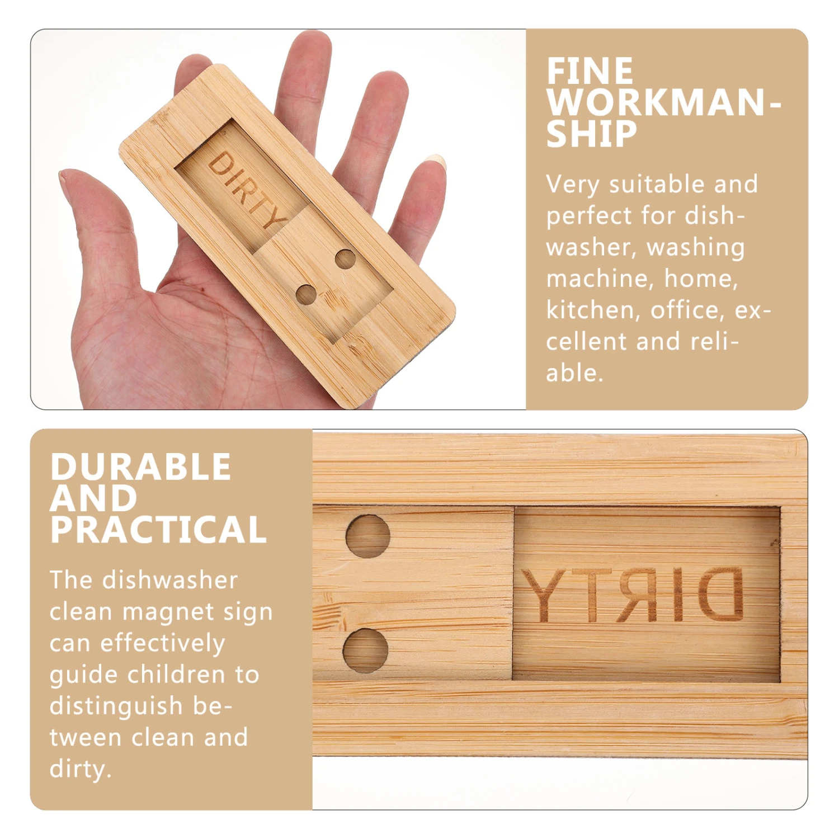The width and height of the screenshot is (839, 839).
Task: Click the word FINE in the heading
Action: pyautogui.click(x=590, y=72)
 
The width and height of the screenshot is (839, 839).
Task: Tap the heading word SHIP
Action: pyautogui.click(x=592, y=134)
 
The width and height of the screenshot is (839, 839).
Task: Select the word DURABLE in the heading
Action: pyautogui.click(x=140, y=466)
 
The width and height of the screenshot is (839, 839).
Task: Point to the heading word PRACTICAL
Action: pyautogui.click(x=158, y=530)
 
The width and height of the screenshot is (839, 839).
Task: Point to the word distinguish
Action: pyautogui.click(x=116, y=706)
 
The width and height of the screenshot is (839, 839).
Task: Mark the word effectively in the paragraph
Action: pyautogui.click(x=163, y=643)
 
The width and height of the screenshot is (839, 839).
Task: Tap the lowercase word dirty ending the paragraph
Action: pyautogui.click(x=80, y=770)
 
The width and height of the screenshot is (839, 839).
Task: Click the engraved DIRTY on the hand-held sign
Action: pyautogui.click(x=247, y=189)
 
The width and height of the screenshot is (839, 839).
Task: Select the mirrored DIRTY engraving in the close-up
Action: pyautogui.click(x=633, y=595)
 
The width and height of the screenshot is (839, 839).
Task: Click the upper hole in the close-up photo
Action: pyautogui.click(x=367, y=536)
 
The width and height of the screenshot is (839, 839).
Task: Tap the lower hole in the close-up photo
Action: pyautogui.click(x=365, y=651)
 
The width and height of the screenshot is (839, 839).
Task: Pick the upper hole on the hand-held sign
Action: pyautogui.click(x=345, y=259)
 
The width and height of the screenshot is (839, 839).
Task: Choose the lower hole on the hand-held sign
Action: pyautogui.click(x=306, y=294)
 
